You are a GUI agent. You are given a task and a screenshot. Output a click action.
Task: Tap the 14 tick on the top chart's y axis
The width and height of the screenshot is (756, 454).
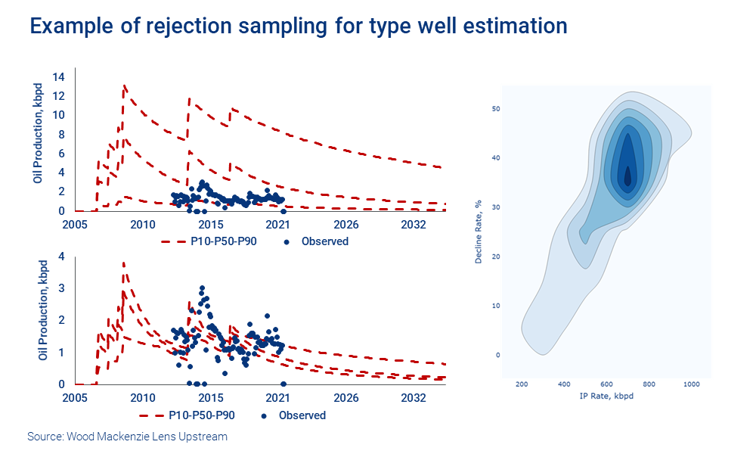(x=59, y=76)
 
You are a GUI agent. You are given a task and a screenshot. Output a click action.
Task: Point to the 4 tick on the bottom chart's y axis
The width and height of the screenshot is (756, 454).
(x=61, y=257)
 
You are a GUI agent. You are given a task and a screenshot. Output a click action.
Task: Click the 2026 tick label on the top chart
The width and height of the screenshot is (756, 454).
(x=346, y=225)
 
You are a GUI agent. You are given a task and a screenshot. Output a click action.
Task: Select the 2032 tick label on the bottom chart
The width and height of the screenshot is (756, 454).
(x=413, y=398)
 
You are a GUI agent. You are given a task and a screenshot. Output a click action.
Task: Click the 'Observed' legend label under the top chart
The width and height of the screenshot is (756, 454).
(x=325, y=241)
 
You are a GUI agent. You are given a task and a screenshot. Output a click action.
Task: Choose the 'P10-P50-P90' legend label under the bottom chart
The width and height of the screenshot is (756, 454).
(x=200, y=415)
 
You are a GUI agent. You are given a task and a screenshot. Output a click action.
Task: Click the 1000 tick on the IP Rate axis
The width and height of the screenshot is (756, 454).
(x=691, y=385)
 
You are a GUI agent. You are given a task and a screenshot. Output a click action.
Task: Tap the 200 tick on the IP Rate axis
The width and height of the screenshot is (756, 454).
(x=522, y=385)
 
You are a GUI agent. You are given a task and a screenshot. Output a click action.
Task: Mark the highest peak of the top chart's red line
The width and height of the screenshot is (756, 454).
(x=124, y=86)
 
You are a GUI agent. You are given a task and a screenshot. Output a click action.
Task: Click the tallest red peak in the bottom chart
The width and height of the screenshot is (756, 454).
(x=123, y=263)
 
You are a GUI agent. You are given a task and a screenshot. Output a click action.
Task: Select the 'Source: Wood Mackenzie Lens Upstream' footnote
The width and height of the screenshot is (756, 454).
(x=127, y=437)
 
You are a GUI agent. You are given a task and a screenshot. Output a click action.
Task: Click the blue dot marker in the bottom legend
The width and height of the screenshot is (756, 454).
(x=264, y=415)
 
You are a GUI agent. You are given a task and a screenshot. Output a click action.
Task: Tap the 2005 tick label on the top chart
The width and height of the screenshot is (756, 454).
(x=75, y=225)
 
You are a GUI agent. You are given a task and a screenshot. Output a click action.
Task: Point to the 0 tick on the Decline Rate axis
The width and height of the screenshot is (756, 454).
(x=497, y=355)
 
